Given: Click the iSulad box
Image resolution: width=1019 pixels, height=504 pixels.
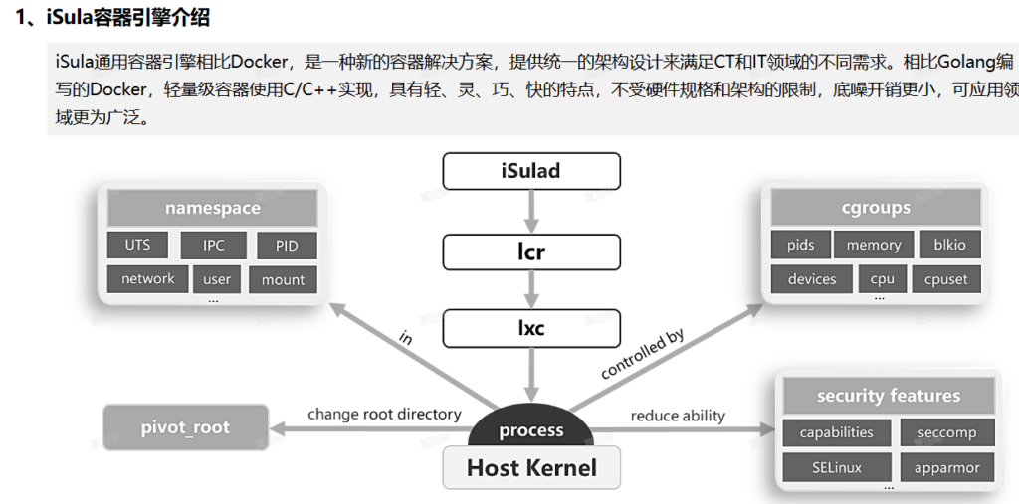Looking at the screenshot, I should click(x=531, y=171).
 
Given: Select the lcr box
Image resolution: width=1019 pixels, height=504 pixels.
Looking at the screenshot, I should click(x=531, y=252).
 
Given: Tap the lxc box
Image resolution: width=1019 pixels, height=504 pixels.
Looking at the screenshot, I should click(x=531, y=327).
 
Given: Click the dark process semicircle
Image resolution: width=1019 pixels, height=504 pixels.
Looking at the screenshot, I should click(x=531, y=428).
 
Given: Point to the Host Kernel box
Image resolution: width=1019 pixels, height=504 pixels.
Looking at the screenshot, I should click(x=531, y=467).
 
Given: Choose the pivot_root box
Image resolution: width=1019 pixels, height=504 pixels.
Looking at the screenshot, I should click(x=185, y=427).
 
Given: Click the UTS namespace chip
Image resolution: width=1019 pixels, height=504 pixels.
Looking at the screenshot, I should click(x=138, y=245).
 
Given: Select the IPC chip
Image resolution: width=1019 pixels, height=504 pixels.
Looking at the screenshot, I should click(x=214, y=245).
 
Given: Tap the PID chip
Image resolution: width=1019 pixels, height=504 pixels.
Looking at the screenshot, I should click(x=287, y=246).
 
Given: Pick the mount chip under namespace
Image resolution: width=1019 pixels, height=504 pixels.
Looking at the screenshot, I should click(x=284, y=279).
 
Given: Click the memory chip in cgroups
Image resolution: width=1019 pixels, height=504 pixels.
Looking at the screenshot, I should click(x=874, y=245).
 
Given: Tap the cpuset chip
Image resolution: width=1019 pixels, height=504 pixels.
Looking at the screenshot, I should click(x=945, y=279).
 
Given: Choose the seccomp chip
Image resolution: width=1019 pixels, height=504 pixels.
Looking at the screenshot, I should click(x=946, y=432).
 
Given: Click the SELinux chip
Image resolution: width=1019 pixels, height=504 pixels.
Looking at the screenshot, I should click(x=836, y=467).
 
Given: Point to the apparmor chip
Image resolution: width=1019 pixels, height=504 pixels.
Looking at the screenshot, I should click(x=946, y=467).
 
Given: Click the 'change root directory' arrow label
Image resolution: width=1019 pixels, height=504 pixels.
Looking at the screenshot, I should click(x=384, y=414).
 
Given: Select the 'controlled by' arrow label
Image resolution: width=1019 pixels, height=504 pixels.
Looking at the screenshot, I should click(x=643, y=355).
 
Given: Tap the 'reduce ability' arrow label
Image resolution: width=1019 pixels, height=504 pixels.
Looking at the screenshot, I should click(x=678, y=416).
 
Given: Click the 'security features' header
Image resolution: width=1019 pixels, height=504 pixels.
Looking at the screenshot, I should click(x=889, y=396).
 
